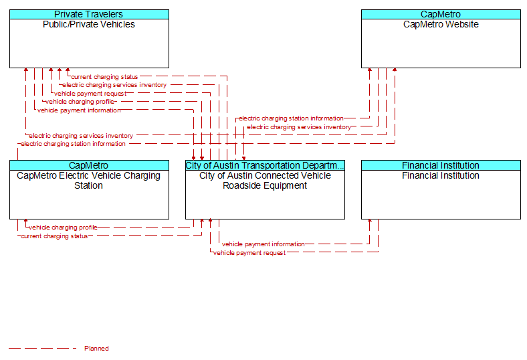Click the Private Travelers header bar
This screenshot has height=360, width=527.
[89, 14]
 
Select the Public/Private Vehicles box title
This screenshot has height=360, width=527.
[89, 24]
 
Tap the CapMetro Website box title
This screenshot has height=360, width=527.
[441, 24]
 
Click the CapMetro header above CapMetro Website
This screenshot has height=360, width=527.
[441, 14]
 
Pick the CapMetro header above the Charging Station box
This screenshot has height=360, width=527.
[89, 165]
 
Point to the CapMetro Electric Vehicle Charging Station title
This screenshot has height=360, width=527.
[89, 181]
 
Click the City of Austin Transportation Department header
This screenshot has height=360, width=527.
[265, 165]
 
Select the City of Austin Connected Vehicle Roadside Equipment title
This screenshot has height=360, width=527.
[265, 181]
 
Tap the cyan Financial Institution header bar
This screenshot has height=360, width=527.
[441, 165]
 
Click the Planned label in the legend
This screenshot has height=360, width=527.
[96, 348]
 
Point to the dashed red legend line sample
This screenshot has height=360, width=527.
[42, 348]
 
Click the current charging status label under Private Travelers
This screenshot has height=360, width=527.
[104, 77]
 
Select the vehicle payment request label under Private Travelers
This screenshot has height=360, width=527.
[90, 94]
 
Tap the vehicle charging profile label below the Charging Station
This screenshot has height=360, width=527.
[63, 228]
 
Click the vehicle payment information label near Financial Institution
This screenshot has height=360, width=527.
[263, 244]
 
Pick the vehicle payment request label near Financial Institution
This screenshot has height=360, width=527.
[249, 253]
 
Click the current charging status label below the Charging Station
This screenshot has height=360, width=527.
[54, 236]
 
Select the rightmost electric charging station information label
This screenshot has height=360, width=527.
[291, 118]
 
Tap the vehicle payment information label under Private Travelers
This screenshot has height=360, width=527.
[79, 110]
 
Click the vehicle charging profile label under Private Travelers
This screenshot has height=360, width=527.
[80, 102]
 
